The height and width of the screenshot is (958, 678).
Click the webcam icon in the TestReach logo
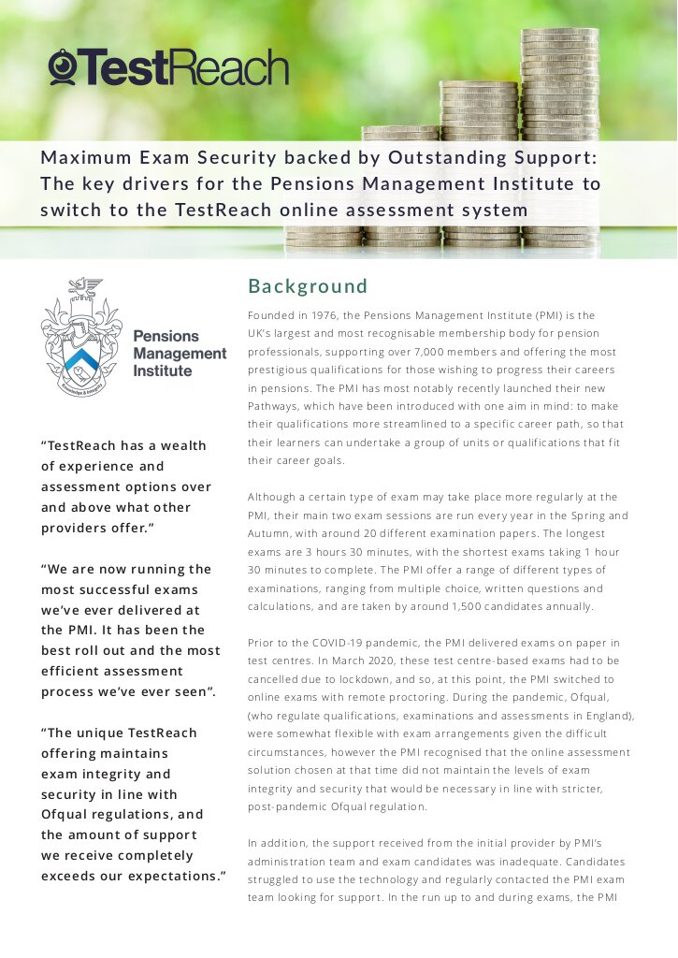63,67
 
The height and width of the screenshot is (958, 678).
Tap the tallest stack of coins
559,131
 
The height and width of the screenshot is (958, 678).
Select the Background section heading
308,286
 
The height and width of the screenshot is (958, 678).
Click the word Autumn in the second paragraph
273,533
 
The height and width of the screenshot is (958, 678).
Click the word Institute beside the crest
163,370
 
